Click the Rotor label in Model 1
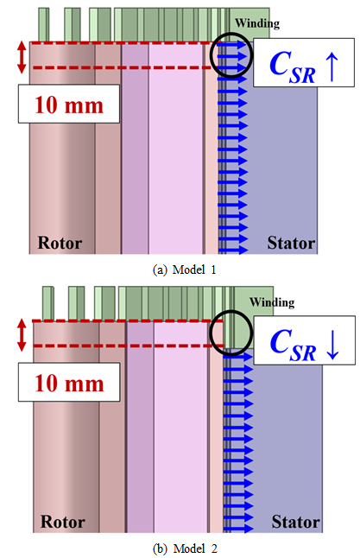click(x=60, y=243)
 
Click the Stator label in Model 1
click(x=291, y=243)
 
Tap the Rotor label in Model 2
click(x=63, y=522)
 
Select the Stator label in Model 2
click(x=295, y=522)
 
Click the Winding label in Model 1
click(x=257, y=23)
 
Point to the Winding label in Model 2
click(x=272, y=302)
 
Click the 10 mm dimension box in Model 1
click(x=69, y=104)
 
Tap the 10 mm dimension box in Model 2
click(x=69, y=382)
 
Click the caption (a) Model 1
click(x=184, y=269)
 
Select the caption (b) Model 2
click(x=185, y=548)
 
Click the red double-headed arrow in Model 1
click(x=22, y=57)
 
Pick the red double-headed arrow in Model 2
click(x=22, y=335)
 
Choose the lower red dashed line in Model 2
click(x=128, y=346)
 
